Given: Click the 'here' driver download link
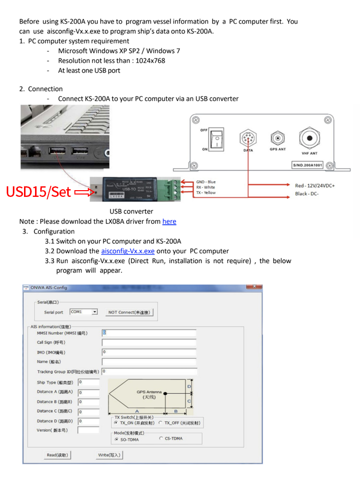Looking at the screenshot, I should point(169,221).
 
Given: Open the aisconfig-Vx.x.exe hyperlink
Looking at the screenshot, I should point(128,251).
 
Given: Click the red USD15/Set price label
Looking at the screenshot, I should point(38,192).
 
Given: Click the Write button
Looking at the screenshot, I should point(110,455).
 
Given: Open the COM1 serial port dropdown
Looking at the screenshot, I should point(95,312).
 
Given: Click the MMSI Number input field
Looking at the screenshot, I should point(149,332).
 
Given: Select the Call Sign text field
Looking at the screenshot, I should point(149,342).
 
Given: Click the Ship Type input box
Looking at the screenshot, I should point(88,382).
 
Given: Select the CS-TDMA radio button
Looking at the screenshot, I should point(161,438).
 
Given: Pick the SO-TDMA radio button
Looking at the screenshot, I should point(117,439).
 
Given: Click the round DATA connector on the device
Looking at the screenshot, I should point(248,139).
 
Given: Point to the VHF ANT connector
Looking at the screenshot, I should point(310,138).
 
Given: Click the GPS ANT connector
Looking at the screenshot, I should point(277,139).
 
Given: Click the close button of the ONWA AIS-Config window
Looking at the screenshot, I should point(254,287).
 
